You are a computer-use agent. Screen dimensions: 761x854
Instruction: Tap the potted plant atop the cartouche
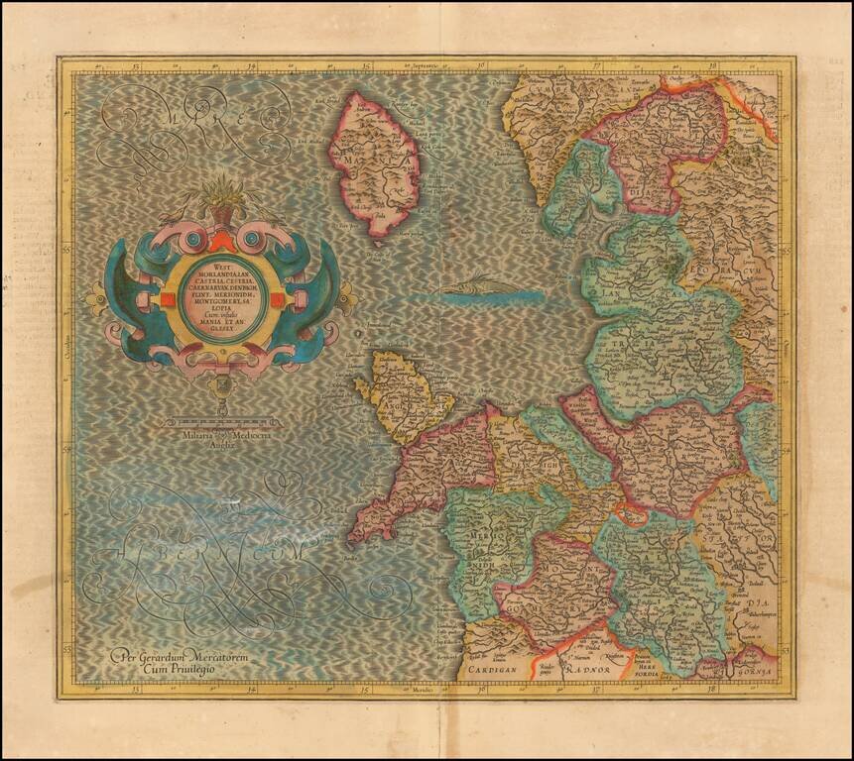coord(223,198)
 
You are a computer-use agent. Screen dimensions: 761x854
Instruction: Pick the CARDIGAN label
coord(496,669)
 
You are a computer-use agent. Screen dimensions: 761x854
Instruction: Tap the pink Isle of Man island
coord(374,163)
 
